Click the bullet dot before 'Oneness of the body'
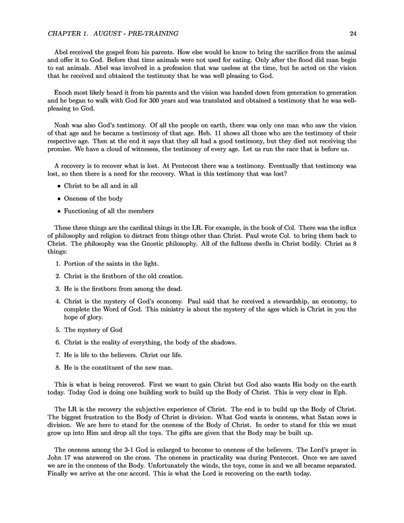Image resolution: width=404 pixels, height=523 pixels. pyautogui.click(x=58, y=199)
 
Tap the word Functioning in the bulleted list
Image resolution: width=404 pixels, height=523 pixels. pyautogui.click(x=83, y=211)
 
